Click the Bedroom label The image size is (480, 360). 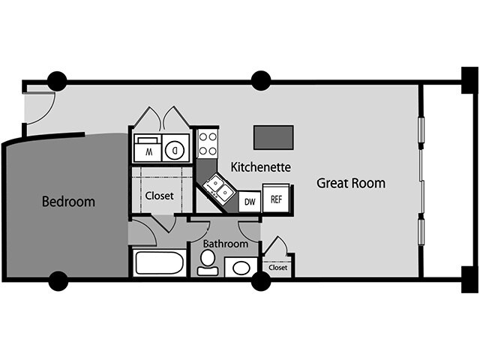click(x=68, y=201)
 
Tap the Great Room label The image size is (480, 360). click(x=350, y=182)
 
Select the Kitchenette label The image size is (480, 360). click(x=260, y=166)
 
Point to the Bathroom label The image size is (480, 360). click(x=225, y=244)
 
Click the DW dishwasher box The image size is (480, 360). click(x=249, y=201)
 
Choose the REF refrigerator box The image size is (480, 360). click(x=277, y=199)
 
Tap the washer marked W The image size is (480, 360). click(x=148, y=148)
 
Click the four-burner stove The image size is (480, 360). click(x=207, y=143)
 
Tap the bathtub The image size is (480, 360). click(x=159, y=263)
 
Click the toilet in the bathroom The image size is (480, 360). click(x=208, y=262)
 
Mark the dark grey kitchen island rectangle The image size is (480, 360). click(x=272, y=137)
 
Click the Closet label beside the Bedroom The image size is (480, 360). click(x=159, y=196)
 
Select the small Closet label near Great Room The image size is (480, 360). click(x=277, y=267)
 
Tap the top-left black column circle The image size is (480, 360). click(x=57, y=81)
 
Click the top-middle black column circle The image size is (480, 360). click(x=260, y=80)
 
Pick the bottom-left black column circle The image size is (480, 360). click(x=58, y=280)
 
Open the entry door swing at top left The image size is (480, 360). click(x=41, y=105)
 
